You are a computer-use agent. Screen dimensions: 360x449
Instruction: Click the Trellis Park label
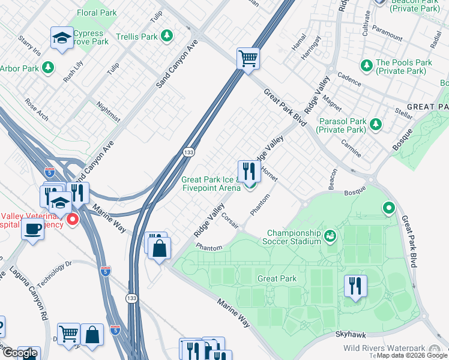[x=136, y=37]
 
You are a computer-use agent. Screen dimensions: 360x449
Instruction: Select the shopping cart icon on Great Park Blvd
[x=248, y=59]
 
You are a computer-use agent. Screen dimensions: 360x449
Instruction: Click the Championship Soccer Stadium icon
[x=330, y=236]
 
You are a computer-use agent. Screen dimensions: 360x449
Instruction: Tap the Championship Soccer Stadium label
[x=294, y=237]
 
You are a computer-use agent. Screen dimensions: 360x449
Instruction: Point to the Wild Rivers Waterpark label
[x=384, y=348]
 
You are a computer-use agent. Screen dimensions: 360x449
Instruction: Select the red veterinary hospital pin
[x=73, y=220]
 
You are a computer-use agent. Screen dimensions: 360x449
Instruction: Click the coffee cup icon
[x=32, y=229]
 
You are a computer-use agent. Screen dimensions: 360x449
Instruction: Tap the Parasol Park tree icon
[x=376, y=124]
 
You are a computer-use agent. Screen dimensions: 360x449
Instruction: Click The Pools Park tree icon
[x=366, y=64]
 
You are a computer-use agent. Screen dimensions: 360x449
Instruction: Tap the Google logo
[x=20, y=353]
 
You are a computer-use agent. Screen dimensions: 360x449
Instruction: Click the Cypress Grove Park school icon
[x=62, y=38]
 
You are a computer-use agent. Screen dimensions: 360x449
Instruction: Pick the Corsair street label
[x=231, y=220]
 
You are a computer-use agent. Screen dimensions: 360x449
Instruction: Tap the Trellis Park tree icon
[x=167, y=36]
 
